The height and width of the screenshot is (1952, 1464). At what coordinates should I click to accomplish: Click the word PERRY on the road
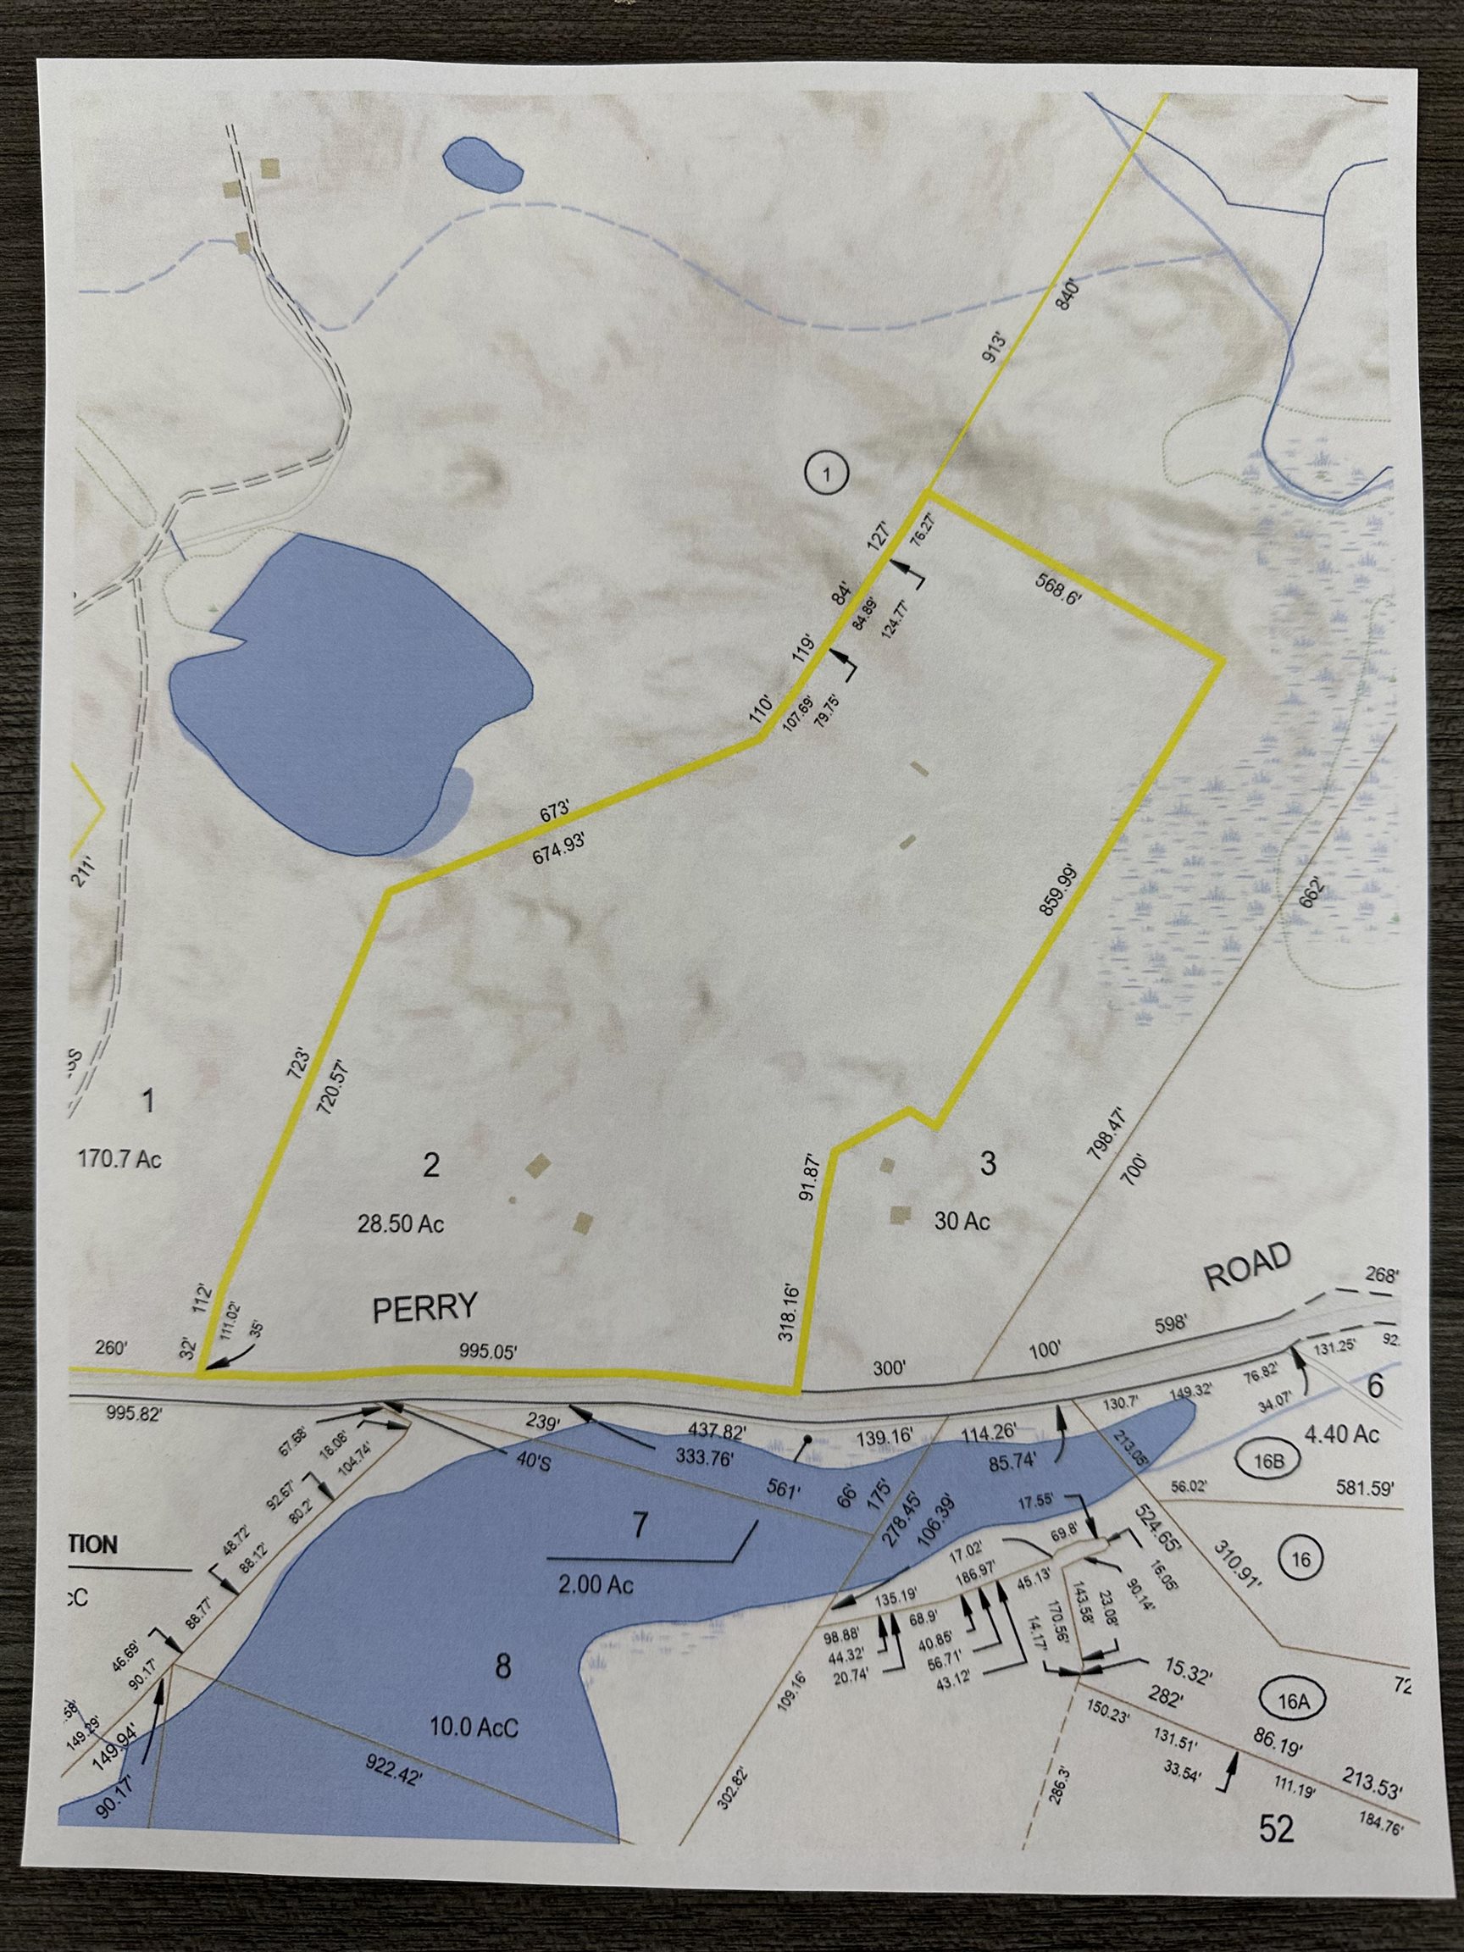click(x=424, y=1307)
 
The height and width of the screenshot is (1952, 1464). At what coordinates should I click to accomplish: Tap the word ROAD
click(x=1247, y=1271)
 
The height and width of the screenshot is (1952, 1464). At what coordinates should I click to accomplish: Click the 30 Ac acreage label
click(x=962, y=1221)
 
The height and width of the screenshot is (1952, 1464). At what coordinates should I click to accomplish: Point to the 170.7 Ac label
click(x=119, y=1159)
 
